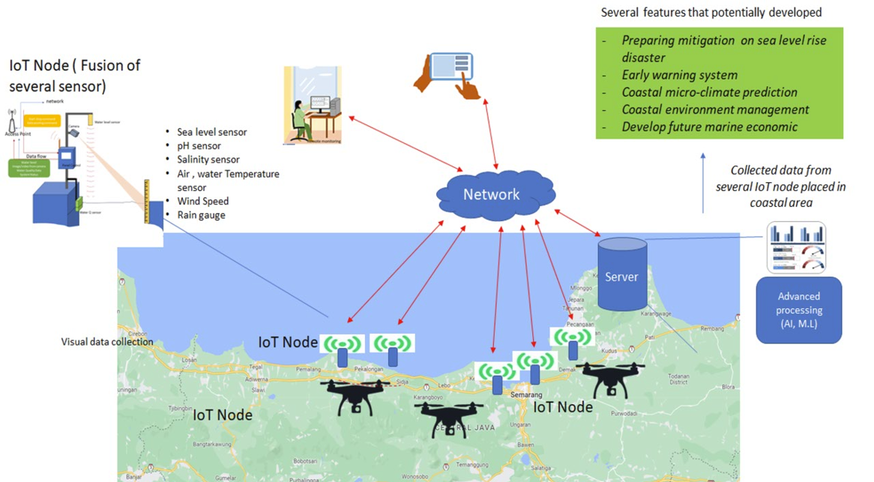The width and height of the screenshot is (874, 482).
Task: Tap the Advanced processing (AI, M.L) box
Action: pyautogui.click(x=799, y=310)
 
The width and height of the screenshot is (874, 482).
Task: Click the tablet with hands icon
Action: pyautogui.click(x=448, y=73)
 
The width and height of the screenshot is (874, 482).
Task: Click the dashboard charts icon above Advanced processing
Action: pyautogui.click(x=796, y=247)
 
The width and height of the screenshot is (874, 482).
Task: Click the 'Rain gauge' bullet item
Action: pyautogui.click(x=201, y=215)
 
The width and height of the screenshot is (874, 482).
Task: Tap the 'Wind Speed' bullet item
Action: pyautogui.click(x=202, y=202)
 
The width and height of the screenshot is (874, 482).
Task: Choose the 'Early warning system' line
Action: pyautogui.click(x=679, y=75)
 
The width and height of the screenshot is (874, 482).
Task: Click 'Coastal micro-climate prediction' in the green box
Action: pyautogui.click(x=709, y=92)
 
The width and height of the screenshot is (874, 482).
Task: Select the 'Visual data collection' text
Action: pyautogui.click(x=107, y=342)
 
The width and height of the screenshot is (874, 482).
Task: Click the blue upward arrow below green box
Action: pyautogui.click(x=702, y=181)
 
